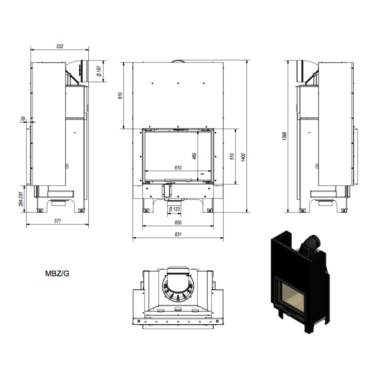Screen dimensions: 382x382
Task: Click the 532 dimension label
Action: (60, 46)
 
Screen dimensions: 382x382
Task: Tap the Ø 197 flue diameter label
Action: (99, 71)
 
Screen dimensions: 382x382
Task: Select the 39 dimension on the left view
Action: (22, 118)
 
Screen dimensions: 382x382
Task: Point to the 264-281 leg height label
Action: (21, 199)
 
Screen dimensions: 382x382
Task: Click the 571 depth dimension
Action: (57, 221)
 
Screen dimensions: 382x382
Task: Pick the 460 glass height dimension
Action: (194, 156)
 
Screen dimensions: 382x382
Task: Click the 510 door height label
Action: (232, 156)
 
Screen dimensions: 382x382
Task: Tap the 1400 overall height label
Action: (243, 158)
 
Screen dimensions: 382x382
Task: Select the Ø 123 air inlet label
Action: (174, 209)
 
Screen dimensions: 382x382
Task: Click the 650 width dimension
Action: (178, 223)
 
